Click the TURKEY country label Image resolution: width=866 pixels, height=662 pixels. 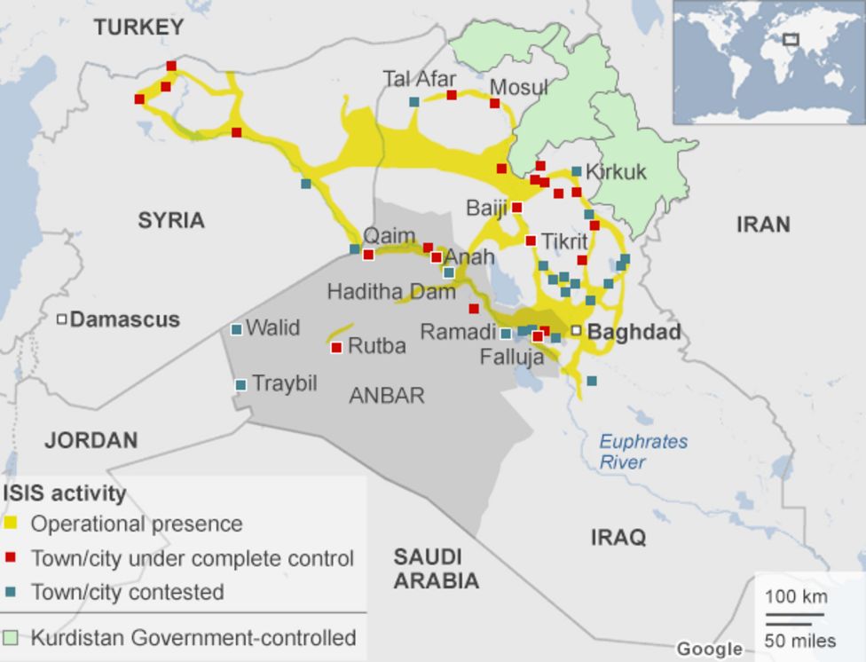139,28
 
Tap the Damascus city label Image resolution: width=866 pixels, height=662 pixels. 124,319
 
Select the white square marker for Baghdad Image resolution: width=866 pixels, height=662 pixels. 576,330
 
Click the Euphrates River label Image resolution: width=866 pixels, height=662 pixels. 642,452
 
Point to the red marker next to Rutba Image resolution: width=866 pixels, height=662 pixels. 336,348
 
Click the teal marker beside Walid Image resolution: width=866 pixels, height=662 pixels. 236,329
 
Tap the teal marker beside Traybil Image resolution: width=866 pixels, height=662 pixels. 240,385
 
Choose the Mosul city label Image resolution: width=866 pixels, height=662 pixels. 519,87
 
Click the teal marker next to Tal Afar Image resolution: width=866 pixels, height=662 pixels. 414,101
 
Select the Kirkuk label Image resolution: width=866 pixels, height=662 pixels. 616,171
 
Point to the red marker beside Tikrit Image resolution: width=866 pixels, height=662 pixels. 531,240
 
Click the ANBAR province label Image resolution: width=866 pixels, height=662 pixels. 386,396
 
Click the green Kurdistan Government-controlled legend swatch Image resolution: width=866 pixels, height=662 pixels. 11,638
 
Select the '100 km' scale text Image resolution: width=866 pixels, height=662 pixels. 796,596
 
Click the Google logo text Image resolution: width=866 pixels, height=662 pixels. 709,649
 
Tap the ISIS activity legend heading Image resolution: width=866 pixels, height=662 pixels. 65,493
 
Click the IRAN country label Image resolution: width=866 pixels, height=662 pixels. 762,224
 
